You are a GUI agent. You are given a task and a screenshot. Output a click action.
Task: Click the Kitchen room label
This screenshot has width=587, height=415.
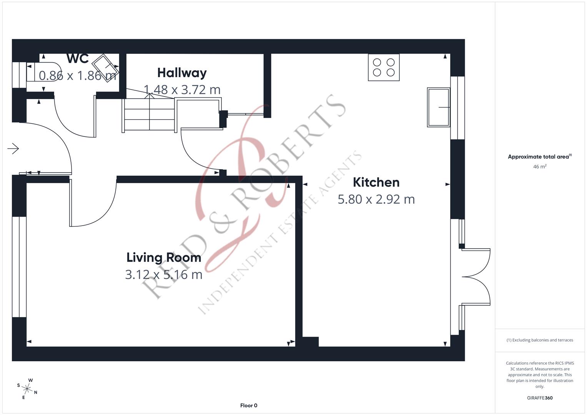click(x=376, y=182)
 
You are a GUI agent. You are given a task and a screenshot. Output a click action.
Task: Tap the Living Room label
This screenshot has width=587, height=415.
click(x=164, y=257)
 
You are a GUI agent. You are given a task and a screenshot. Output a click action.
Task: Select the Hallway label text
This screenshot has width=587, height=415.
click(x=182, y=73)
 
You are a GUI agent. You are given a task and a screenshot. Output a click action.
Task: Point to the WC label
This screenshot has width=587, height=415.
click(x=77, y=59)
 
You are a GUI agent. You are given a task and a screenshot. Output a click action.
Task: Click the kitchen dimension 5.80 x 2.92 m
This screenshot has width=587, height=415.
click(x=376, y=199)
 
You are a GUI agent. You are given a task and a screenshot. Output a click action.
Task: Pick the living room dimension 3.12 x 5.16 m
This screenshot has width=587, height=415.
click(x=164, y=275)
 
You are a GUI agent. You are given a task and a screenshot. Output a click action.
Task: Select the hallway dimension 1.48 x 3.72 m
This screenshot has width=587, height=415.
click(x=182, y=90)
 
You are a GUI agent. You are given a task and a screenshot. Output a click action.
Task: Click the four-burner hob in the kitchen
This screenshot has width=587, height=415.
click(x=384, y=67)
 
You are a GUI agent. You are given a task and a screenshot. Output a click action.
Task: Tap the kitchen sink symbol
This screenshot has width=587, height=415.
click(x=438, y=107)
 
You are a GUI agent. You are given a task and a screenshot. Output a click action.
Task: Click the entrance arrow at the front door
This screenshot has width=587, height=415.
click(x=13, y=149)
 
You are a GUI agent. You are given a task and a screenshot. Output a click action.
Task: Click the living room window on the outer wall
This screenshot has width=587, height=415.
click(x=19, y=267)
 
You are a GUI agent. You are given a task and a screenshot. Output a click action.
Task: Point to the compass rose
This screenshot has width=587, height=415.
click(x=27, y=388)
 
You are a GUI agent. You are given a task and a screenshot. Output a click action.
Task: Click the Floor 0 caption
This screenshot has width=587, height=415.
click(x=248, y=405)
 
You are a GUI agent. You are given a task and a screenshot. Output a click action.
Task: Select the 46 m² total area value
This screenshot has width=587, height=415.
click(x=539, y=167)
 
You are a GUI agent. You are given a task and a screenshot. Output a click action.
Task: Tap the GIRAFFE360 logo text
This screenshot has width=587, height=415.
click(x=539, y=398)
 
